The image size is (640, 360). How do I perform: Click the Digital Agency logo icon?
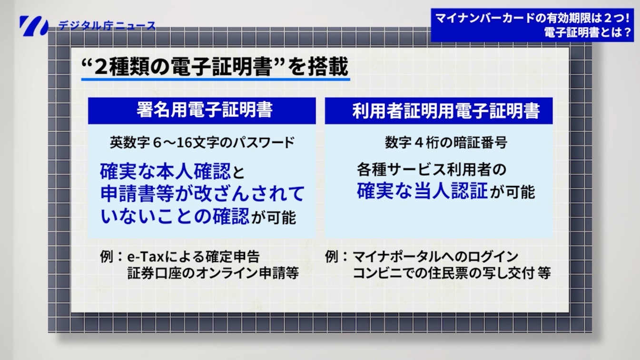click(x=33, y=26)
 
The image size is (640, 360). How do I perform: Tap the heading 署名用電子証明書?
click(x=202, y=110)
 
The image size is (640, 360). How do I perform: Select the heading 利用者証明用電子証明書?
click(x=439, y=110)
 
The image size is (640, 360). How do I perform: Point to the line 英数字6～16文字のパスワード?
click(x=202, y=142)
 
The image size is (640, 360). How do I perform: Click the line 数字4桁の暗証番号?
click(x=439, y=142)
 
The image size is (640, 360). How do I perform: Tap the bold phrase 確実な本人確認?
click(x=166, y=171)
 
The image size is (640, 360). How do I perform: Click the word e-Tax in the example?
click(x=145, y=257)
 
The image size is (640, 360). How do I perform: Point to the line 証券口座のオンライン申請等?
click(x=213, y=274)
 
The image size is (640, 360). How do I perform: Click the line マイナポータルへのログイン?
click(x=435, y=257)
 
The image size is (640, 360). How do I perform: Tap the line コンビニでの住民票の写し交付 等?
click(x=452, y=274)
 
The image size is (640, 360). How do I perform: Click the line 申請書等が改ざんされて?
click(x=202, y=194)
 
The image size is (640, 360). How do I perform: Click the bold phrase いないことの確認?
click(x=175, y=217)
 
